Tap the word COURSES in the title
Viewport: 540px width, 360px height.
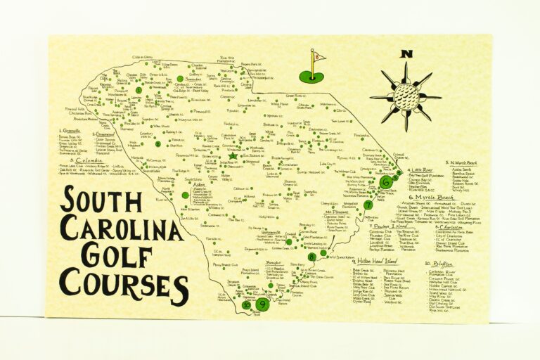coord(124,283)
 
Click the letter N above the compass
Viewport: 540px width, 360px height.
coord(406,54)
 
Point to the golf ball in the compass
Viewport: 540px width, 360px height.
coord(406,96)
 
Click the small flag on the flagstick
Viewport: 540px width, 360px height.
coord(319,56)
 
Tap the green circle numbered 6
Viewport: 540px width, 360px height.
coord(385,182)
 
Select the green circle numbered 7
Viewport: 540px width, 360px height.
coord(368,205)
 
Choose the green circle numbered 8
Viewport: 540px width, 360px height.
coord(311,257)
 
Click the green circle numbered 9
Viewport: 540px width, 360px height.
coord(262,304)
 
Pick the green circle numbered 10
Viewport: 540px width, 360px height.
coord(246,304)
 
